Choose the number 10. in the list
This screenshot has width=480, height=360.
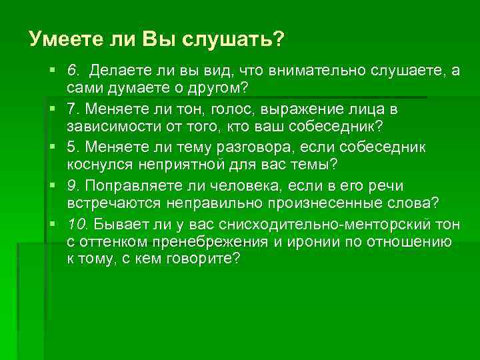tap(75, 223)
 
